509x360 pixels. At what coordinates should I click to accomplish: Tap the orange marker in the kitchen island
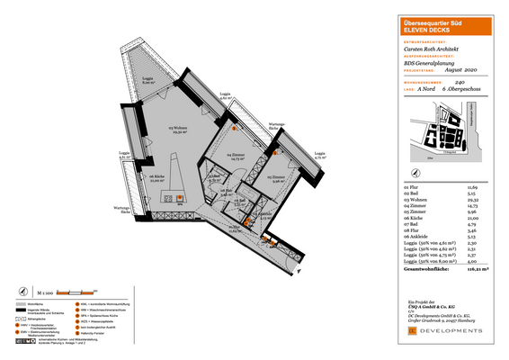(x=179, y=197)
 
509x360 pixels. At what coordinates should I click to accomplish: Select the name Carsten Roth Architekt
(x=431, y=47)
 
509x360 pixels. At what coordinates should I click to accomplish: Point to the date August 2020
(x=460, y=70)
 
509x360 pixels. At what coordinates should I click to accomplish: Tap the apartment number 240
(x=460, y=81)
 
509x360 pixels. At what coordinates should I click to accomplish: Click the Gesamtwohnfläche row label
(x=424, y=268)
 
